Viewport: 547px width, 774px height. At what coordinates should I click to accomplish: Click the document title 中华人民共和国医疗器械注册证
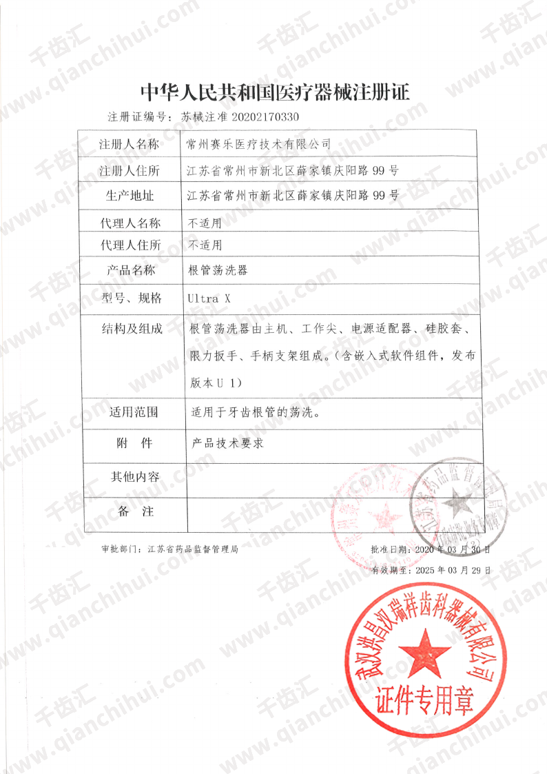[273, 91]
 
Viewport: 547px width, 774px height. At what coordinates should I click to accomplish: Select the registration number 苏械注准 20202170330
[240, 116]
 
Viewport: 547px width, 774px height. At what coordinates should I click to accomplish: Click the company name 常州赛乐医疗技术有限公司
[259, 145]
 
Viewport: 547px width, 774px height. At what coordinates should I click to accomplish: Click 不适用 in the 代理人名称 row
[205, 223]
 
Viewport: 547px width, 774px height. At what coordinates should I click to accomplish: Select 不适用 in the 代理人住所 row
[205, 245]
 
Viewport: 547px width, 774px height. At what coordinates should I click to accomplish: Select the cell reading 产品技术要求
[229, 444]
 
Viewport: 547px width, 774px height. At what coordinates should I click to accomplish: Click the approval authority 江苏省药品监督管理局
[193, 550]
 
